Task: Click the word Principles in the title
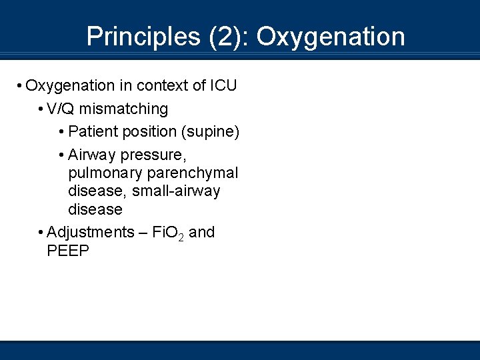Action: pos(139,37)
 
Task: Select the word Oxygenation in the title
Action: pos(331,37)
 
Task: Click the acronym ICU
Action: pos(223,86)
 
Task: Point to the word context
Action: pos(159,86)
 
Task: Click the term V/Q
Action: pos(61,109)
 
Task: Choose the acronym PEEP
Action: pos(68,251)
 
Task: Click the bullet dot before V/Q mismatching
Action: pos(41,109)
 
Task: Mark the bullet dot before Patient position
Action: pos(61,131)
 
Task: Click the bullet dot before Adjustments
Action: pos(41,233)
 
